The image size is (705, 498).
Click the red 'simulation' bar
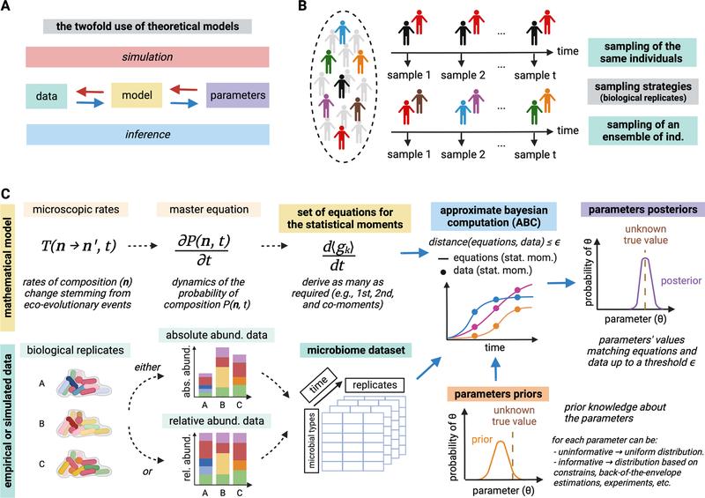point(147,57)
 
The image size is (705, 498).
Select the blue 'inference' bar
point(147,134)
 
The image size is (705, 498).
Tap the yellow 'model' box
point(137,95)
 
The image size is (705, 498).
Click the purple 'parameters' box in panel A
point(237,95)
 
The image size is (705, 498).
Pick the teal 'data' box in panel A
point(47,96)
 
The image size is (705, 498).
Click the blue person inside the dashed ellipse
point(343,32)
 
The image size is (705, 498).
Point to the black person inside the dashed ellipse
point(342,85)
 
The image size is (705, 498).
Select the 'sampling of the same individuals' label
point(642,53)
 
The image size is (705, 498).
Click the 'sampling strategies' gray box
point(642,92)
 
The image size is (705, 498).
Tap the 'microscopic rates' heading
point(76,209)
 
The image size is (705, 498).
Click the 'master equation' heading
point(209,209)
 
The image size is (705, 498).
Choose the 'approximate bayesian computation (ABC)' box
point(493,216)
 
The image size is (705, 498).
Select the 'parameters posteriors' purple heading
point(642,209)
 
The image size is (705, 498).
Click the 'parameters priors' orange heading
point(498,394)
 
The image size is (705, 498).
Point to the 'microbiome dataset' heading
point(356,350)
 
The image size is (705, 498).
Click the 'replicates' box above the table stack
point(375,385)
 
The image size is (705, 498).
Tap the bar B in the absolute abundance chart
point(222,372)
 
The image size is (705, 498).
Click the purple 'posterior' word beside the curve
point(680,280)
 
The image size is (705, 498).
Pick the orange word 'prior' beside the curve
point(482,439)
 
